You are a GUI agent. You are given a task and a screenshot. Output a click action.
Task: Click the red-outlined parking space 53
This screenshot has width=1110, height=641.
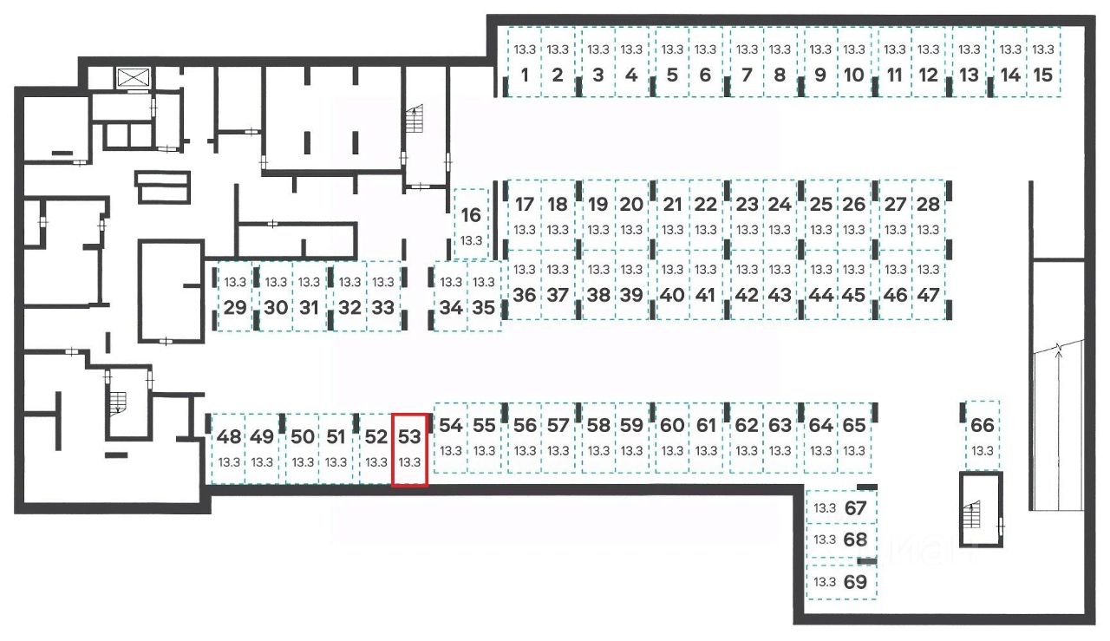pos(409,449)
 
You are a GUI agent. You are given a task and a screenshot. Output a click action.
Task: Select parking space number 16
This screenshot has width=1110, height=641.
pos(471,224)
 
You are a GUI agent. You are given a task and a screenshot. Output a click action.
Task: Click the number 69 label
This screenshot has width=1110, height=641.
pos(855,582)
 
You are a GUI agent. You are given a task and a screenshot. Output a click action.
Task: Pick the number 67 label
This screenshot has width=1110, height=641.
pos(855,508)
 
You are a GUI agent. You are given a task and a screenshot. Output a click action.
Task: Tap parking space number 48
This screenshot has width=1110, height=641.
pos(229,448)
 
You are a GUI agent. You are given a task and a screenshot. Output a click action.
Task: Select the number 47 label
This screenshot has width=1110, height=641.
pos(928,294)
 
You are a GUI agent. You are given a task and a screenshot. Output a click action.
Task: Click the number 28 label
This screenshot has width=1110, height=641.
pos(928,205)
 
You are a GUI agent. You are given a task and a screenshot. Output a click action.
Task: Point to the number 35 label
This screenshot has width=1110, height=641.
pos(484,307)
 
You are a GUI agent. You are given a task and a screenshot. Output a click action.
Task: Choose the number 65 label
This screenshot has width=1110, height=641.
pos(854,426)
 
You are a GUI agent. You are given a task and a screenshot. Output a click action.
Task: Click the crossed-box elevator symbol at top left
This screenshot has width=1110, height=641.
pos(134,76)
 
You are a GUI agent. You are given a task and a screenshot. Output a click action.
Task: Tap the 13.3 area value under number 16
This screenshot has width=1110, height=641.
pos(471,240)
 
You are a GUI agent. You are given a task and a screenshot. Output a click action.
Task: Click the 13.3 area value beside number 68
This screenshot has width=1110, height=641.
pos(825,540)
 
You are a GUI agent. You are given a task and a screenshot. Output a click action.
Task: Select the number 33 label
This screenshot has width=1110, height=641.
pos(382,307)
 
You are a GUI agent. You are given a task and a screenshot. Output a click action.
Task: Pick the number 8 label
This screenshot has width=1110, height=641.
pos(780,75)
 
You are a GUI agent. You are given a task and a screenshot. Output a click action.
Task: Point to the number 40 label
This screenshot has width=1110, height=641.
pos(671,294)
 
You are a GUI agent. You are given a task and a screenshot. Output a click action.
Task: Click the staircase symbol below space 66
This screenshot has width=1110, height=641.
pos(975,518)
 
